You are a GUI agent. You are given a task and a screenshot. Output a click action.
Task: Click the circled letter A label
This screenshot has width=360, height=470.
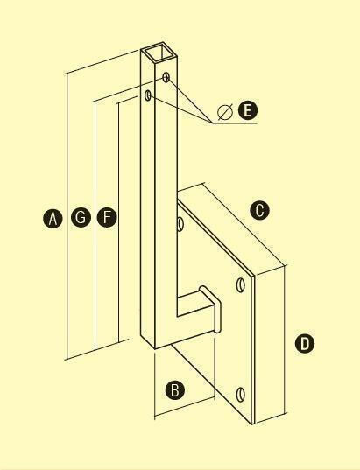(53, 219)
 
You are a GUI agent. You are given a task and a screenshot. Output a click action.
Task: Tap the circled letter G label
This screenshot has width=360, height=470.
(81, 217)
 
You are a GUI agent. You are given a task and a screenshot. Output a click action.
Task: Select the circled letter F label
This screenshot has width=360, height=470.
(107, 217)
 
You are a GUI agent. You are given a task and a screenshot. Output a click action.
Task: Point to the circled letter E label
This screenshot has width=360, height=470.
(248, 110)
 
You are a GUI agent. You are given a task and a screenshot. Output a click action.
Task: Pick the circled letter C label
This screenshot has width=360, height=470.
(260, 210)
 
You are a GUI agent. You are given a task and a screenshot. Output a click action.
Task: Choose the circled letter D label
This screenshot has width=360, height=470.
(305, 343)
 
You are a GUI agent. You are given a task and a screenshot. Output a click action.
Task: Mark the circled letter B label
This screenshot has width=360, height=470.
(175, 390)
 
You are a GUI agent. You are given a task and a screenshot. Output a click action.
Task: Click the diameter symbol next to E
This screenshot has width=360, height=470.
(225, 112)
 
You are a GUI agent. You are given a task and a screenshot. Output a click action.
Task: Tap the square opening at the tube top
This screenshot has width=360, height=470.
(160, 53)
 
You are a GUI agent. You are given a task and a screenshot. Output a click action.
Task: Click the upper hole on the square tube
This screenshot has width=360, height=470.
(166, 77)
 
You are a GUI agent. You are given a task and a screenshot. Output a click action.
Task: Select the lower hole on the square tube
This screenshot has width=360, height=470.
(148, 95)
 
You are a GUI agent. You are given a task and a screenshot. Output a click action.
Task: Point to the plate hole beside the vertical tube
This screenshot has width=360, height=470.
(180, 224)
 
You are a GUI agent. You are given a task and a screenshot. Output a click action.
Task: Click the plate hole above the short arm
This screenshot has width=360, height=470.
(241, 285)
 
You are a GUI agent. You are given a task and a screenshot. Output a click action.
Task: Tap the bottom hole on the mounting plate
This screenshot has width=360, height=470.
(241, 394)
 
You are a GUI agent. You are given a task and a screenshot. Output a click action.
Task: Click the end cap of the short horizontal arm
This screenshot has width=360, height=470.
(214, 309)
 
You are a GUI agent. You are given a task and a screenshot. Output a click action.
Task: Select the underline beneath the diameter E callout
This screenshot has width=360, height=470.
(235, 123)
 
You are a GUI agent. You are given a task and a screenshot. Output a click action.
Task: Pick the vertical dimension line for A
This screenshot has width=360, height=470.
(67, 216)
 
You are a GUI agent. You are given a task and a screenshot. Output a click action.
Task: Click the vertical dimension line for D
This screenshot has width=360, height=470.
(285, 340)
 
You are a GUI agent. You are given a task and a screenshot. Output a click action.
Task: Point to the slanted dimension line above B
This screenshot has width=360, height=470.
(185, 408)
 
